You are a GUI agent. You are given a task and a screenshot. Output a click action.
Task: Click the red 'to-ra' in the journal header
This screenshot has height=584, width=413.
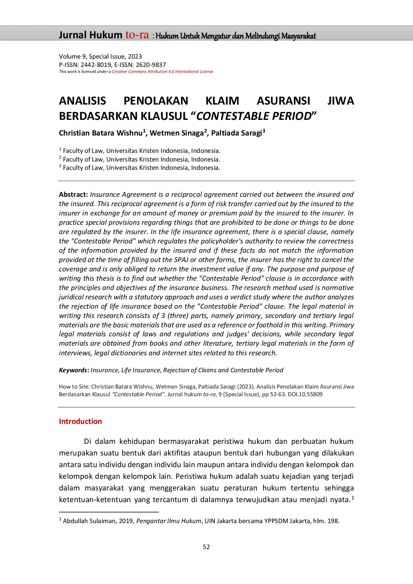[x=137, y=35]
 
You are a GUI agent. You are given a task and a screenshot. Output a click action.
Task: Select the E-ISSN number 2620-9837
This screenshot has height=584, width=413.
[x=151, y=65]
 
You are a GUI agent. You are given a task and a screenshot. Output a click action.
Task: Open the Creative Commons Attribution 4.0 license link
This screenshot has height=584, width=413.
[x=162, y=72]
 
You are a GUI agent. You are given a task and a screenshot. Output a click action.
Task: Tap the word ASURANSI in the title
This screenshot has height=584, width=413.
[x=283, y=101]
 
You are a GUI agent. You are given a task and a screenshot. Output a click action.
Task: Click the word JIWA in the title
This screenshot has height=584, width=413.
[x=340, y=101]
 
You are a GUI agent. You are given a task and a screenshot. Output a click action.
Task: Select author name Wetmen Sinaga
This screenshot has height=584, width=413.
[x=177, y=133]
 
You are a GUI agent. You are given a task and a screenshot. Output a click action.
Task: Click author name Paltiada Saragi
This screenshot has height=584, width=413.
[x=236, y=133]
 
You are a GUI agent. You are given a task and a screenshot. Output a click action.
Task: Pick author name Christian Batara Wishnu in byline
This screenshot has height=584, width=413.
[x=101, y=133]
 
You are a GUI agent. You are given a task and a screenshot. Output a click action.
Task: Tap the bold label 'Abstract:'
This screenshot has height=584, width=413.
[x=73, y=194]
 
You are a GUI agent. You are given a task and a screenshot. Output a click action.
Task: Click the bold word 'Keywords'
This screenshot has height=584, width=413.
[x=73, y=370]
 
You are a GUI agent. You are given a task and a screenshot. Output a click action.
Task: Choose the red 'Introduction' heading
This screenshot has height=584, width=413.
[x=80, y=422]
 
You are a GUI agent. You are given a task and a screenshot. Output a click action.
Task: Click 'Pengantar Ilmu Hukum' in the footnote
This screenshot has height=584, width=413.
[x=169, y=521]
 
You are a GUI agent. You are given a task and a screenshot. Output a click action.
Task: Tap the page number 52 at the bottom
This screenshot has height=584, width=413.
[x=206, y=547]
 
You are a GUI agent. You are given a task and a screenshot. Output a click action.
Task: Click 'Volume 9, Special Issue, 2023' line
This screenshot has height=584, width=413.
[x=100, y=57]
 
